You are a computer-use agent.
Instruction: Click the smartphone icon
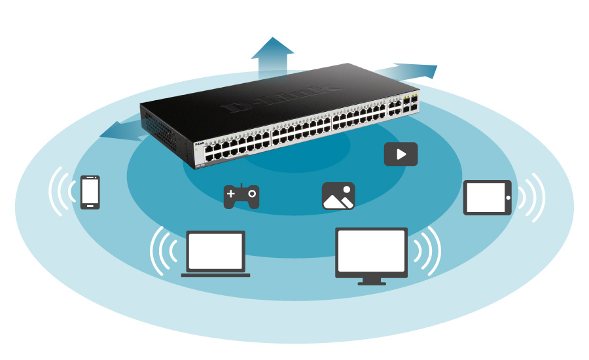(90, 192)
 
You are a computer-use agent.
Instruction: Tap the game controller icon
(241, 196)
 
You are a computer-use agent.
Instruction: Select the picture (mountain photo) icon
(338, 196)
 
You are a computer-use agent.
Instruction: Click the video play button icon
(401, 154)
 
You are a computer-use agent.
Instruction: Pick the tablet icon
(488, 197)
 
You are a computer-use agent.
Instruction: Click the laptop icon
(215, 253)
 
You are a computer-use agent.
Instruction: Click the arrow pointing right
(412, 70)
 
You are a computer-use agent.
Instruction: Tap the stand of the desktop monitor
(371, 281)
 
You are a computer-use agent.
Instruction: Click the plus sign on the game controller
(231, 194)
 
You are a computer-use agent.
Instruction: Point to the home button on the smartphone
(90, 205)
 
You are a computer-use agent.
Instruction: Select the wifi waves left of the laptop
(161, 252)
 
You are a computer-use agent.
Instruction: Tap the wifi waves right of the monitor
(428, 252)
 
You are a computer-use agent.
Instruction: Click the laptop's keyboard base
(215, 274)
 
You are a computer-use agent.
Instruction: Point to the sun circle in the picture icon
(347, 190)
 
